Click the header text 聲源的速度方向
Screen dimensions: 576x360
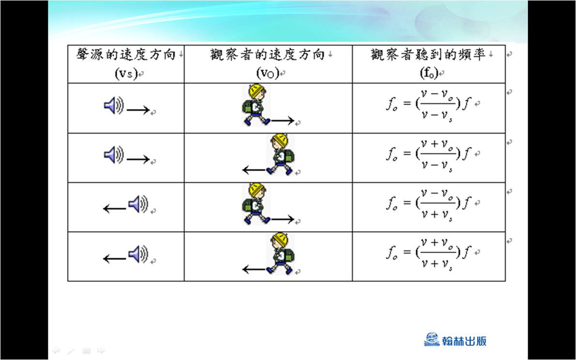(126, 55)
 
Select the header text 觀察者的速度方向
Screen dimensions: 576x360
(267, 55)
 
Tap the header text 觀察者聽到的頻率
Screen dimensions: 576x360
(428, 55)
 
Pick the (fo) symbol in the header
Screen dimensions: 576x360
(429, 73)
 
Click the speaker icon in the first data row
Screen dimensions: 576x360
(114, 106)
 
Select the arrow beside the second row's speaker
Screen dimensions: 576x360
(138, 159)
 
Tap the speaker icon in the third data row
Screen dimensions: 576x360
(138, 204)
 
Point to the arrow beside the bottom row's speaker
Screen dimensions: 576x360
(115, 258)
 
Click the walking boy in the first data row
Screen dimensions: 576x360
(256, 105)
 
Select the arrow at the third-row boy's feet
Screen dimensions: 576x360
(283, 220)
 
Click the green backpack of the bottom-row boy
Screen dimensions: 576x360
(289, 255)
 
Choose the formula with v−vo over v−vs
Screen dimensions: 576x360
(428, 105)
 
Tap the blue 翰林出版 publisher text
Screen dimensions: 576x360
(464, 341)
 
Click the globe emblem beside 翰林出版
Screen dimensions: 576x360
(432, 339)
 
